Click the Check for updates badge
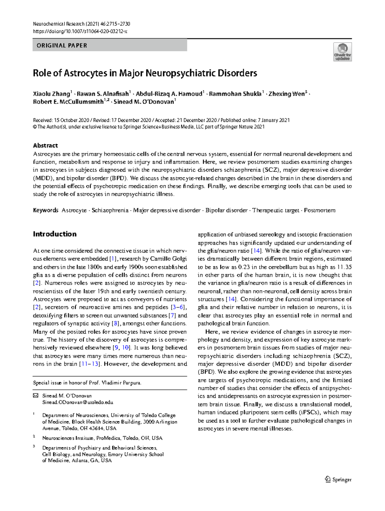[342, 52]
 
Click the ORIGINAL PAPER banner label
[62, 46]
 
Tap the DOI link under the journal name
[80, 31]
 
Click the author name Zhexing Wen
[287, 94]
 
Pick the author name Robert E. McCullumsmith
[68, 102]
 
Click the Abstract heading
[45, 145]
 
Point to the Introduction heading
[55, 234]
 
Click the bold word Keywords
[46, 210]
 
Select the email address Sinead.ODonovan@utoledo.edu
[78, 402]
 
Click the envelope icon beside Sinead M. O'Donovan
[36, 396]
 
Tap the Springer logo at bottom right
[338, 480]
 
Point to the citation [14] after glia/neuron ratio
[256, 251]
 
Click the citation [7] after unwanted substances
[172, 316]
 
